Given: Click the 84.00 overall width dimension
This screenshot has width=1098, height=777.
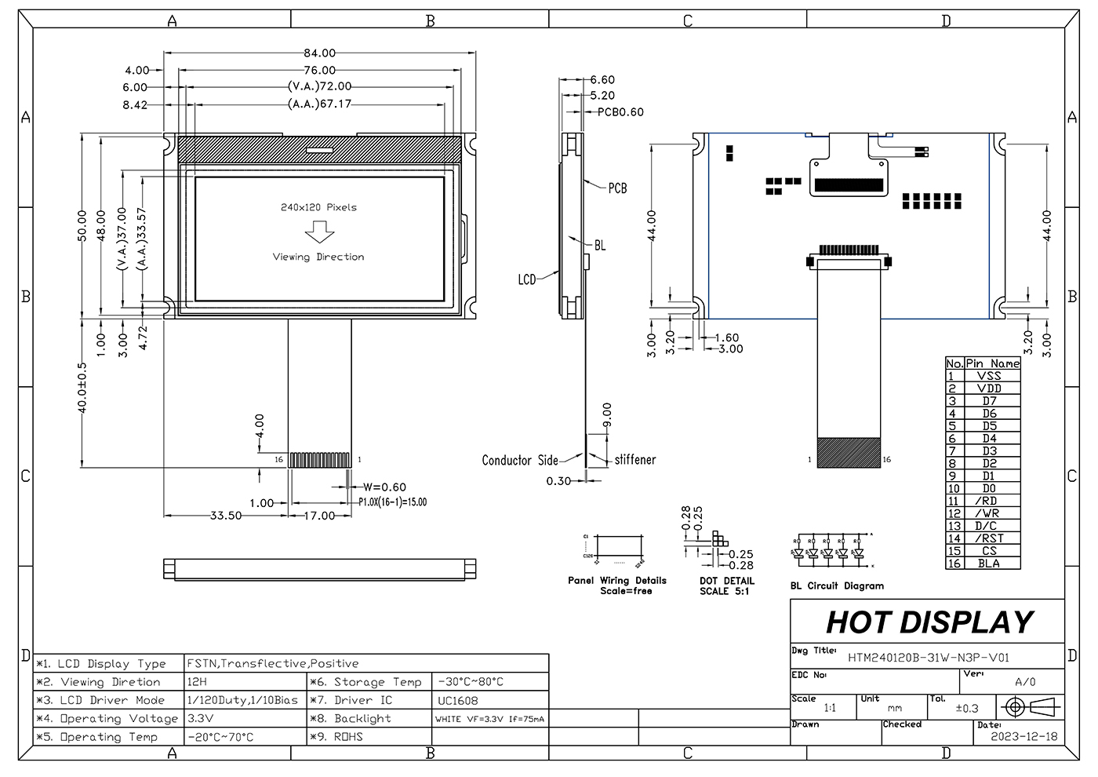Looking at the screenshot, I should tap(319, 53).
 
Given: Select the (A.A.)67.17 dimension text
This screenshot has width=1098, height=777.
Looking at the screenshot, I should tap(319, 104).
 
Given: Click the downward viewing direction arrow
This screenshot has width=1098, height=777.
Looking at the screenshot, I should tap(319, 232).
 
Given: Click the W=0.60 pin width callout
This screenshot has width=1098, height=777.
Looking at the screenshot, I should tap(384, 487).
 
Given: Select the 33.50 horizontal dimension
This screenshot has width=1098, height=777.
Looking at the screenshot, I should tap(226, 516).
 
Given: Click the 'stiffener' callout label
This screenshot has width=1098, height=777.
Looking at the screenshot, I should tap(634, 460).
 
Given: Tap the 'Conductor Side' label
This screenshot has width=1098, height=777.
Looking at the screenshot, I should tap(520, 461).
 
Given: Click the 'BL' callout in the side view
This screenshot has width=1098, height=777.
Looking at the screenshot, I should tap(600, 246).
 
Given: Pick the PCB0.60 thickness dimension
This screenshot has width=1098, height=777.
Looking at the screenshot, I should tap(620, 112).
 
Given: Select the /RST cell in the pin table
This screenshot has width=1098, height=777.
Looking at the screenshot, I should tap(990, 538).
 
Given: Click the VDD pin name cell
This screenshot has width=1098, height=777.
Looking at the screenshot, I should tap(990, 388).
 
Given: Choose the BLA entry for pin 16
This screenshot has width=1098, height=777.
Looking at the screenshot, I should tap(990, 564).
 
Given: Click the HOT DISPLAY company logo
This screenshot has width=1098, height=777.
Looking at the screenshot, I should tap(929, 622).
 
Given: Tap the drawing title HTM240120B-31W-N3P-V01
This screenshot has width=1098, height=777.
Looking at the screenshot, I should tap(929, 658).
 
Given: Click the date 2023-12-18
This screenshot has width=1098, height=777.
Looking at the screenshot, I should tap(1023, 736).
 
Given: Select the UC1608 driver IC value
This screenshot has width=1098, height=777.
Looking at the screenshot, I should tap(458, 700).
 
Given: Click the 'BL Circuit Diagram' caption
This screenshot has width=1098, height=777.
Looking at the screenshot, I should tap(837, 585).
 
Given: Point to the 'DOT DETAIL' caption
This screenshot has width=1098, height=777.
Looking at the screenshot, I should tap(726, 582).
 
